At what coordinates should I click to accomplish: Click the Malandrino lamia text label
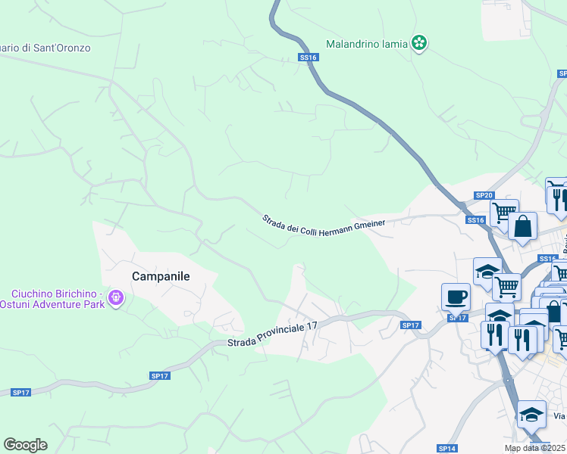367,44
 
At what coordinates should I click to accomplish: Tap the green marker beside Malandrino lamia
419,43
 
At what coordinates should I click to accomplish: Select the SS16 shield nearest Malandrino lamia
307,58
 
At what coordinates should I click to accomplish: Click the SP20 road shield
484,195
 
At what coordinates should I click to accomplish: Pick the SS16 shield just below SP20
475,219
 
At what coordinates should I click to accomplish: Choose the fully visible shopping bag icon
523,226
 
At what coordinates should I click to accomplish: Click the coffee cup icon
456,296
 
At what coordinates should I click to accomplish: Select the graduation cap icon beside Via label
532,414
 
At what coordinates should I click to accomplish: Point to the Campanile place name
161,277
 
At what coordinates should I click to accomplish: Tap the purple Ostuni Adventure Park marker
115,299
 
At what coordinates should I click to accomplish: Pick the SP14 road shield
447,448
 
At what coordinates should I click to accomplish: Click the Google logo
26,445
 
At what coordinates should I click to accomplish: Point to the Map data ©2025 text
535,448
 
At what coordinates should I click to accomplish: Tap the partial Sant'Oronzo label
45,48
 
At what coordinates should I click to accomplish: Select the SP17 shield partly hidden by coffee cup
457,318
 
